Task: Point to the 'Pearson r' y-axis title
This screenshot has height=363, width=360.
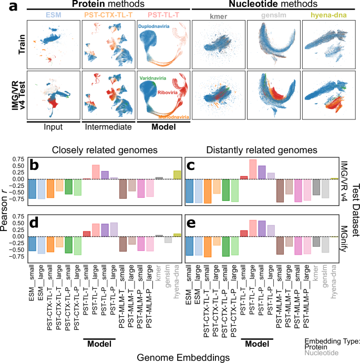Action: tap(6, 210)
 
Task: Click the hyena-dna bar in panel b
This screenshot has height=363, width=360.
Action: tap(177, 175)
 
